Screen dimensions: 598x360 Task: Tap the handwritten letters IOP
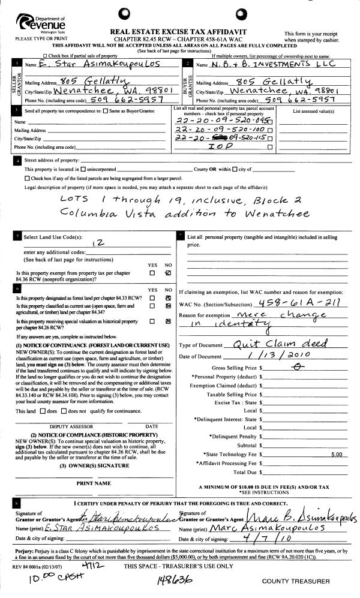pos(219,146)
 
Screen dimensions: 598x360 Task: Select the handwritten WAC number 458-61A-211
pos(298,303)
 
